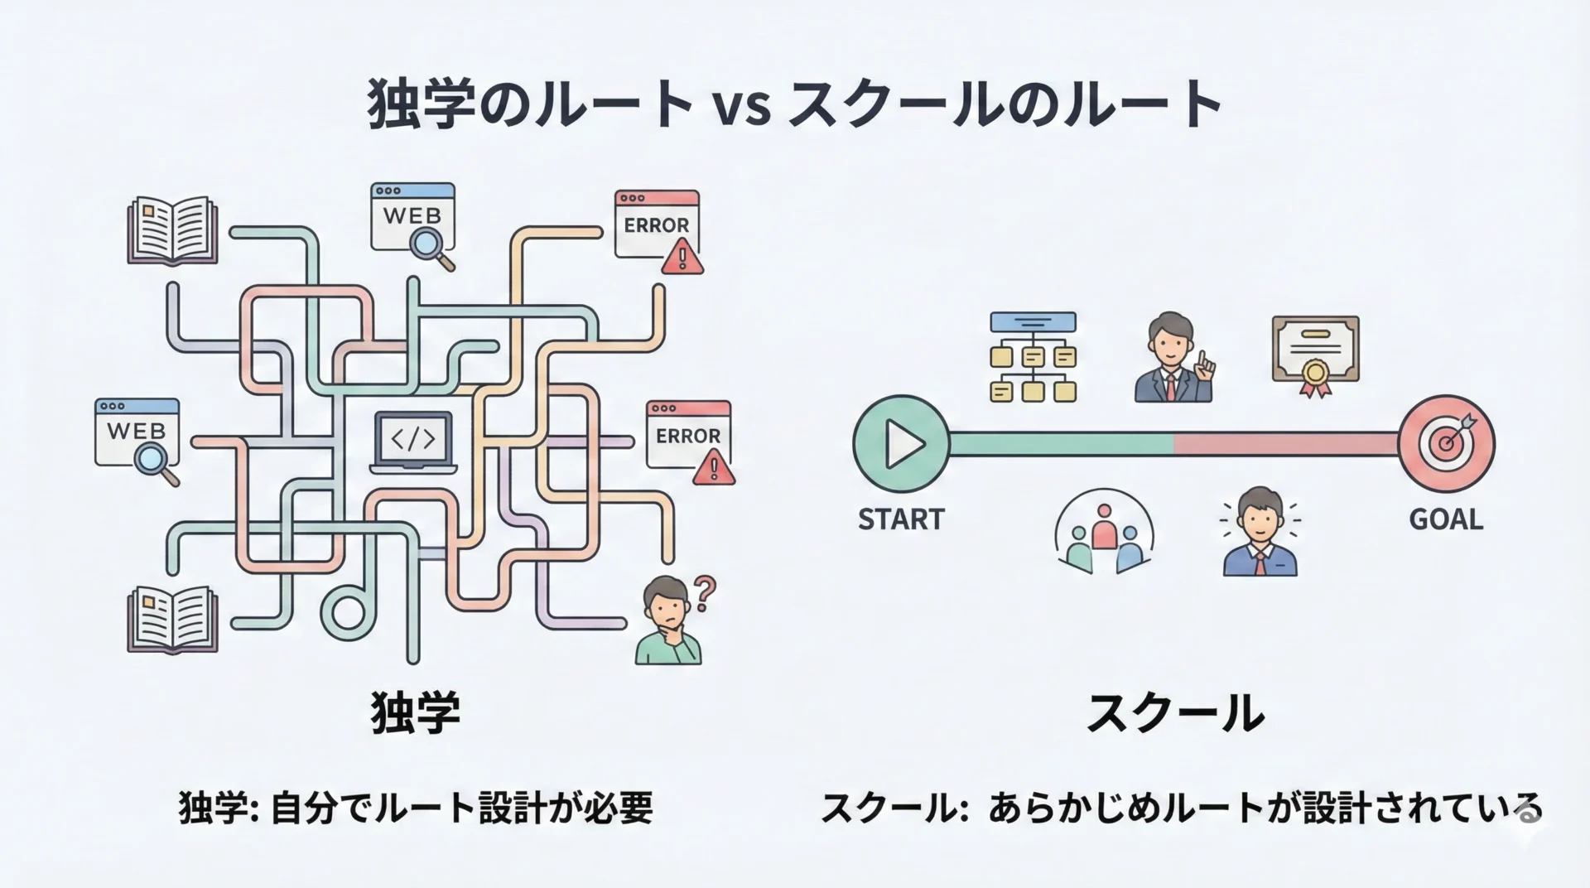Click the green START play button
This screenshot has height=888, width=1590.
pos(901,444)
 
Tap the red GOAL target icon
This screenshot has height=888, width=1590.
pos(1447,443)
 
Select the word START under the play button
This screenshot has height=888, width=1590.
pos(901,519)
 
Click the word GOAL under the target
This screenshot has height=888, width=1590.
pos(1446,519)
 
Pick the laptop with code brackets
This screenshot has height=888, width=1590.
pos(413,442)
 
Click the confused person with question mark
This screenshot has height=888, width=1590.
pos(673,620)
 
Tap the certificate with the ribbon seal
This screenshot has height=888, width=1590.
pos(1315,355)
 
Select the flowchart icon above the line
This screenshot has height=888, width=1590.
pos(1033,357)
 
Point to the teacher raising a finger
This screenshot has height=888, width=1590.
pos(1173,358)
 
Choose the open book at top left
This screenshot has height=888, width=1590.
pos(172,230)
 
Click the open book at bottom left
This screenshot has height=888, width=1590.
pos(172,620)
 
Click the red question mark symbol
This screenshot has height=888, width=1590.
pos(704,593)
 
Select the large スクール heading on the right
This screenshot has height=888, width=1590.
pos(1175,714)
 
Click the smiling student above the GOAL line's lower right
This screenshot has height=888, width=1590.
pos(1260,531)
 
